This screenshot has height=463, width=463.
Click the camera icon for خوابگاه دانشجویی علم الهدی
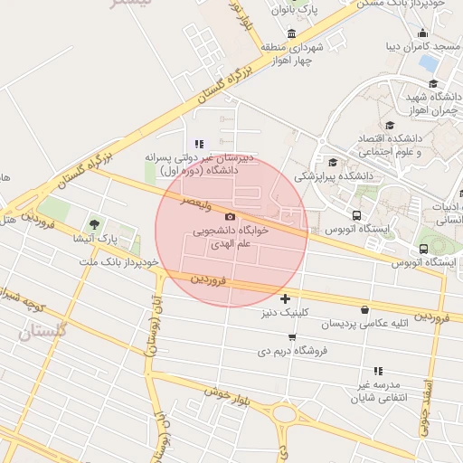(230, 217)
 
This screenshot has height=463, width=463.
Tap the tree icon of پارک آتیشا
(95, 223)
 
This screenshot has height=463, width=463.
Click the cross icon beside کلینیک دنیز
(286, 298)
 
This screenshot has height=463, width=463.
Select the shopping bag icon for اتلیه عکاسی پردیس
(364, 309)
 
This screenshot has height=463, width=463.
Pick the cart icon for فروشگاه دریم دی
(291, 337)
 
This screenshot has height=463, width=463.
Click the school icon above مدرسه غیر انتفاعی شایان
(378, 371)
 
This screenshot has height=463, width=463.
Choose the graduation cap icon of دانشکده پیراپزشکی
(333, 163)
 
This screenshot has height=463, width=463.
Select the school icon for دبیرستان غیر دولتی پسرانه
(199, 144)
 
